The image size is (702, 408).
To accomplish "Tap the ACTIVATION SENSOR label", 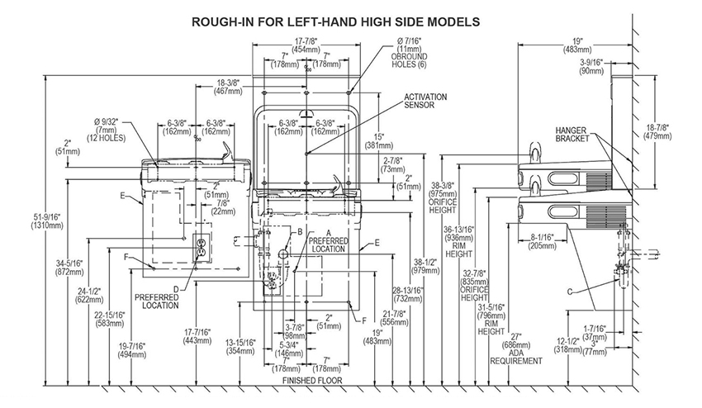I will click(x=425, y=101).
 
